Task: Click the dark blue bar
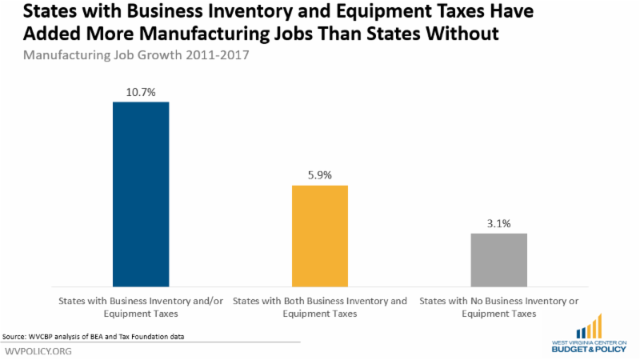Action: coord(141,194)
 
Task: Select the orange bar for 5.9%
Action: coord(320,235)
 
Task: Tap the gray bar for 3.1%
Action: coord(499,259)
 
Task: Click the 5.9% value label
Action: coord(320,175)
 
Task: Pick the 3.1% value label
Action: coord(499,223)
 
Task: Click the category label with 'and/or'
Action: coord(142,308)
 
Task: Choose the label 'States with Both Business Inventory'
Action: coord(320,302)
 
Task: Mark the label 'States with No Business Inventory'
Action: coord(499,302)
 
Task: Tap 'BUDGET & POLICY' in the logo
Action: coord(589,350)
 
